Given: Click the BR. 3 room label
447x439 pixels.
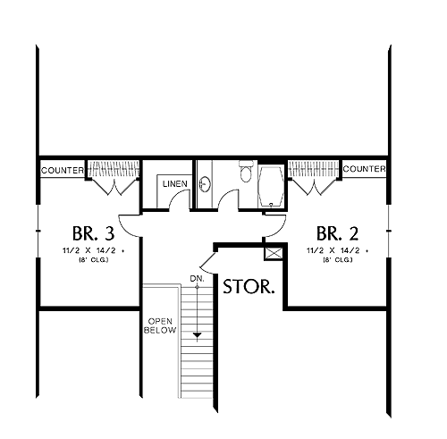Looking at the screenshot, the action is [x=93, y=233].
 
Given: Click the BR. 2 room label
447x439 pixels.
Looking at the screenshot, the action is [x=337, y=233].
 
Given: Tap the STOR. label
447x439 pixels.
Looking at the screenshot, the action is [x=249, y=287].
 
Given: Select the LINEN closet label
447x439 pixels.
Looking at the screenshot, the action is [x=175, y=184].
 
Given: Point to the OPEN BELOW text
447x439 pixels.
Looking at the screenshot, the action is [x=160, y=325].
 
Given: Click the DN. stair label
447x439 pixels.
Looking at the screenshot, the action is [x=198, y=279].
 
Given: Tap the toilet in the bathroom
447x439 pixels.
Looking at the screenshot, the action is [x=246, y=172].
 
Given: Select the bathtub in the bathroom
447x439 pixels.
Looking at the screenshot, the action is [x=271, y=186].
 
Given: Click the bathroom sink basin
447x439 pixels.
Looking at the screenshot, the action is [x=205, y=185].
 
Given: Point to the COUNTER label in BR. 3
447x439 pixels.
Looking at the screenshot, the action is [x=63, y=171].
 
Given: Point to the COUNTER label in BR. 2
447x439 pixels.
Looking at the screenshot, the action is [x=364, y=169].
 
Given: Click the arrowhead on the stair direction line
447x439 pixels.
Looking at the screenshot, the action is [x=197, y=335].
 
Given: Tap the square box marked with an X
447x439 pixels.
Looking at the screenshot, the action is [x=274, y=253].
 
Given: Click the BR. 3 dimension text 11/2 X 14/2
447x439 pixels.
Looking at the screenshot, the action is [x=89, y=250].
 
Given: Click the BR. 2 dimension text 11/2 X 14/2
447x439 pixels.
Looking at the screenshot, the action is [x=333, y=250].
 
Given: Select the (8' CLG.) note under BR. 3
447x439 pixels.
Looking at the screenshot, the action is [x=93, y=260].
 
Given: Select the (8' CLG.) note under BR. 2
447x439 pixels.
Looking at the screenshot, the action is [x=338, y=260].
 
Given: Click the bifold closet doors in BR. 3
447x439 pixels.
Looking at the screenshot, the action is [x=114, y=188].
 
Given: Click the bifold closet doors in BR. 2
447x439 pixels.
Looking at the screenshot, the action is [x=315, y=188].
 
